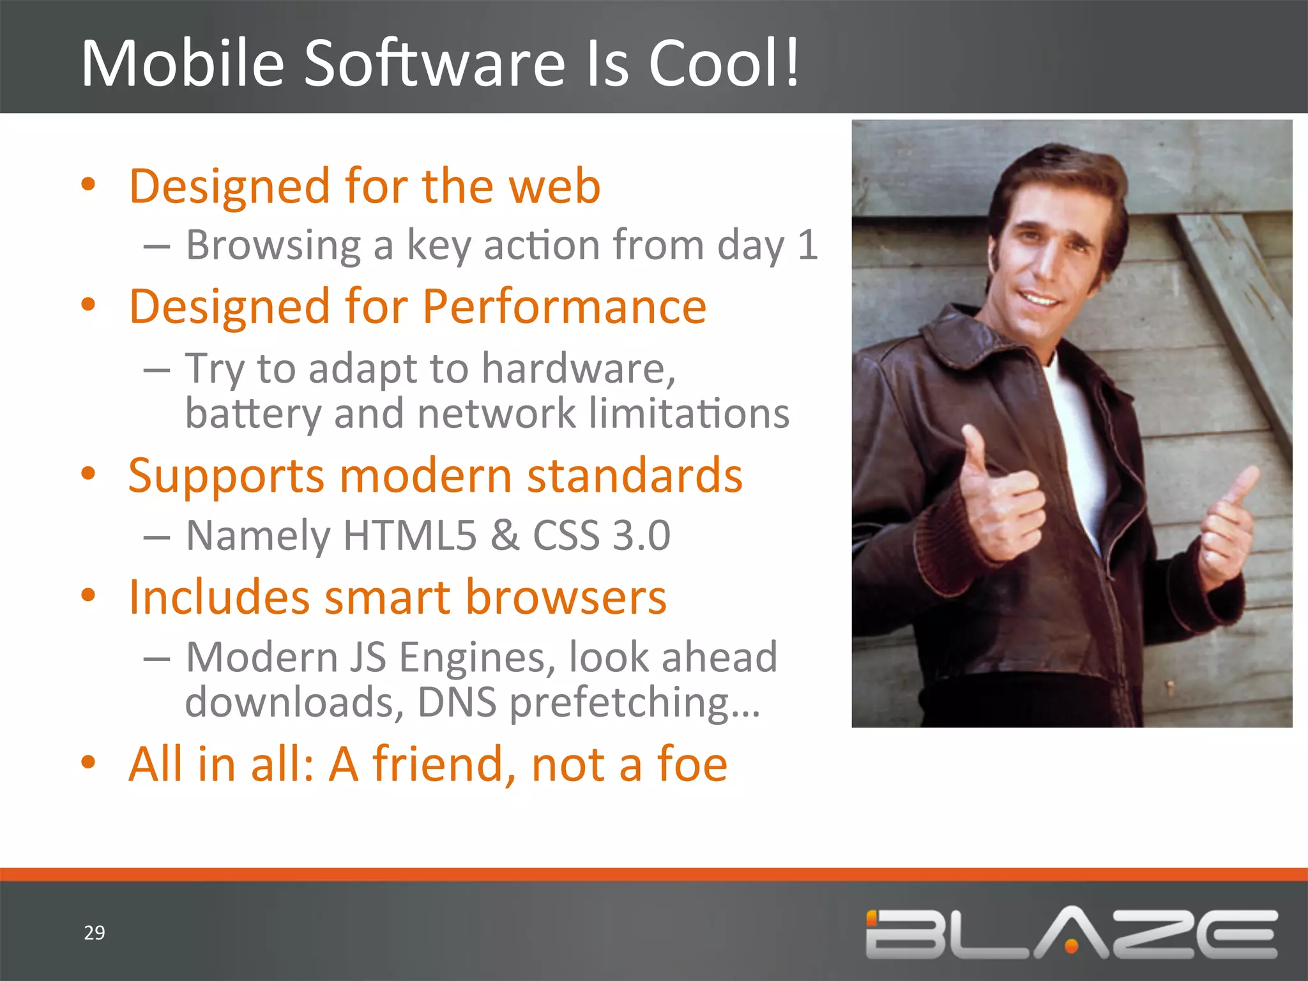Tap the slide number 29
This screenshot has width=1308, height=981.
pos(95,932)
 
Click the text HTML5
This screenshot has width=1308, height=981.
pos(409,535)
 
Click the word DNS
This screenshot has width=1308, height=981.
pos(457,702)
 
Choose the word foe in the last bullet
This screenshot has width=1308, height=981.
pos(692,764)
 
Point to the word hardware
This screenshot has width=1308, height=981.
pos(577,369)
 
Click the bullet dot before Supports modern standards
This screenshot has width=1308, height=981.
pos(88,474)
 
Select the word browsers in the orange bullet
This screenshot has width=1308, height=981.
pos(566,597)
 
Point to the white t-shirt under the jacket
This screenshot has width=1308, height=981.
pos(1079,434)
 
